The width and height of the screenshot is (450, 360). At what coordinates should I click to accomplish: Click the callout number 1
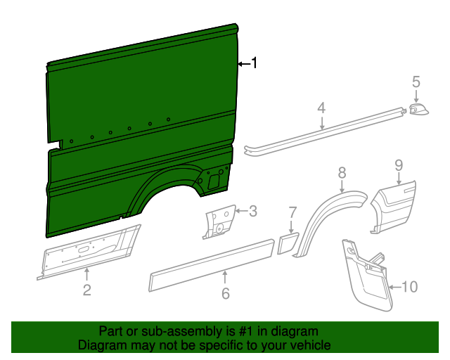(x=255, y=63)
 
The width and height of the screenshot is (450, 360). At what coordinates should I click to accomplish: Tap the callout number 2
(x=86, y=289)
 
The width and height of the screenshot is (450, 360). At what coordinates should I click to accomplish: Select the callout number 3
(x=252, y=210)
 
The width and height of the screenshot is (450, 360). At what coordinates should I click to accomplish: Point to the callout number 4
(x=321, y=108)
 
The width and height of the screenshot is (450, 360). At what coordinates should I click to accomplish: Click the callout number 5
(x=416, y=82)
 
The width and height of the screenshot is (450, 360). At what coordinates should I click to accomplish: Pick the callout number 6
(x=225, y=293)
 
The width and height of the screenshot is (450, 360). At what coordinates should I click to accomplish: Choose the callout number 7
(x=293, y=212)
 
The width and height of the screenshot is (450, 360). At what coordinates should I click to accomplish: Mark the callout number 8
(x=342, y=172)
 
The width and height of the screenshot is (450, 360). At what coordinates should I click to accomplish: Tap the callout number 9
(x=398, y=165)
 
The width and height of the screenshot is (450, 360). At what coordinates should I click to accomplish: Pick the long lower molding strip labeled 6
(x=211, y=263)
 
